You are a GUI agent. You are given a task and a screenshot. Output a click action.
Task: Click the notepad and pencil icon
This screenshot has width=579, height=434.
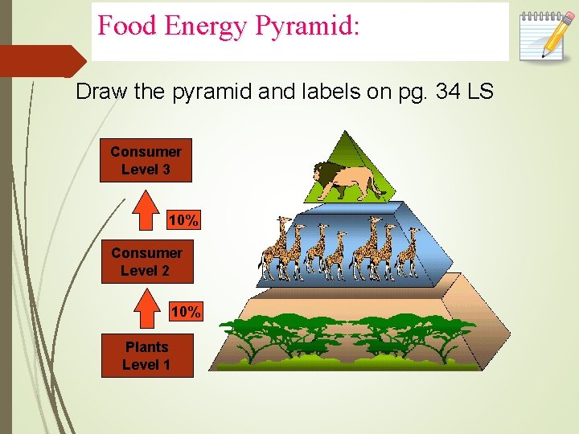pos(544,34)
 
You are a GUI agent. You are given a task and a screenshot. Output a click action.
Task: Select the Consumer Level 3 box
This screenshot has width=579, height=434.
pos(146,161)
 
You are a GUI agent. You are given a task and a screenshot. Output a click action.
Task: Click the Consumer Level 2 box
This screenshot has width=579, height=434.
pos(146,262)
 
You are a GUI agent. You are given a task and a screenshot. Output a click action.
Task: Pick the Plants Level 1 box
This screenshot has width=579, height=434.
pos(146,356)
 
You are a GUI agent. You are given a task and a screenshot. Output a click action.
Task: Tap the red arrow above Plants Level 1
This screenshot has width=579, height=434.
pos(146,310)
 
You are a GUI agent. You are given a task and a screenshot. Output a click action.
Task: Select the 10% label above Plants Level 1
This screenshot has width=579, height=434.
pos(186,312)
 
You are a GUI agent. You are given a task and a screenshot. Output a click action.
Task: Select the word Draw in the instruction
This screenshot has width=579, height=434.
pos(101,92)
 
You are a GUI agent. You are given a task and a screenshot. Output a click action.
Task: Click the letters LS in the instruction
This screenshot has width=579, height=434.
pos(481,92)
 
